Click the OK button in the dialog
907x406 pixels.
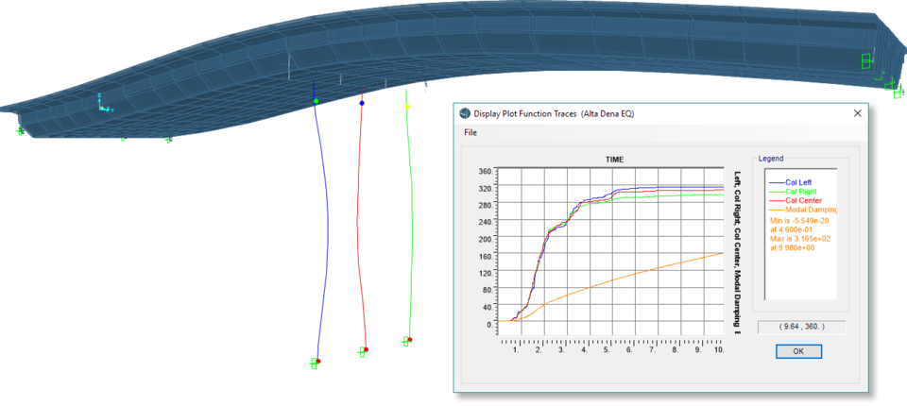(x=798, y=351)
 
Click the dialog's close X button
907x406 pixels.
(x=857, y=113)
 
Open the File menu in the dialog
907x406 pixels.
(x=471, y=133)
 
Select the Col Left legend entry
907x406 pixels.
(x=798, y=182)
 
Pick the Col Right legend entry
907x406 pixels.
(x=799, y=192)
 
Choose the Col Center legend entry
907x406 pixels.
(x=802, y=200)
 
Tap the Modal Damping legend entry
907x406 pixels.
(x=812, y=210)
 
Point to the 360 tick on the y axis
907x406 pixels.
(x=486, y=172)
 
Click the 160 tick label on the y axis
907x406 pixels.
(x=486, y=256)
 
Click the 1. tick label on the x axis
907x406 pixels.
(x=516, y=349)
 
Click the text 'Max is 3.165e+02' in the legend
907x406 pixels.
(x=801, y=238)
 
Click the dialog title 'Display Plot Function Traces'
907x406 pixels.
(x=546, y=113)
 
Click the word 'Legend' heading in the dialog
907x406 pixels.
(x=771, y=159)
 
